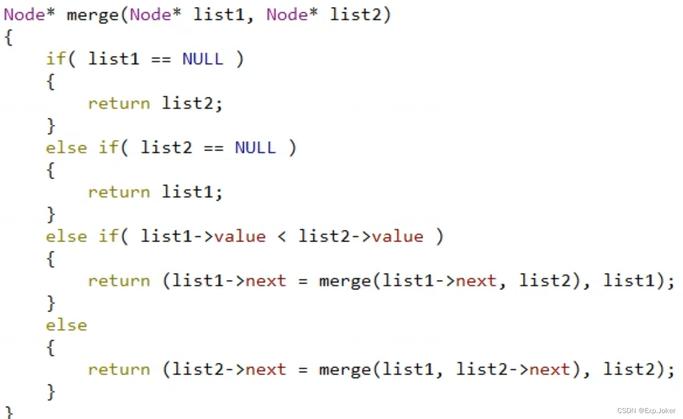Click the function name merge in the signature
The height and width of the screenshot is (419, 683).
pyautogui.click(x=92, y=15)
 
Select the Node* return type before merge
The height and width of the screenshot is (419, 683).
pyautogui.click(x=29, y=15)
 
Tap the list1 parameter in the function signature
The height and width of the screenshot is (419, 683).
pyautogui.click(x=219, y=15)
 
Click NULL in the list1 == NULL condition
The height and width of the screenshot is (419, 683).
pyautogui.click(x=203, y=59)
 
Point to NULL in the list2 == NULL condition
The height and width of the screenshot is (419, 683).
pyautogui.click(x=255, y=148)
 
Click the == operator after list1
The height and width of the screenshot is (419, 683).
pyautogui.click(x=161, y=59)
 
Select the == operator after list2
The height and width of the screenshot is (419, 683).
pyautogui.click(x=213, y=148)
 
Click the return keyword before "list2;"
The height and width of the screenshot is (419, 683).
pyautogui.click(x=119, y=103)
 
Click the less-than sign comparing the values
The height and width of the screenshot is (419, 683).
pyautogui.click(x=282, y=236)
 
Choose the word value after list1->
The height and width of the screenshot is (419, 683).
pyautogui.click(x=240, y=236)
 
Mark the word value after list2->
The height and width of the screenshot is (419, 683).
pyautogui.click(x=398, y=236)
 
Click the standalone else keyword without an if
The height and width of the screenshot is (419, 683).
pyautogui.click(x=66, y=325)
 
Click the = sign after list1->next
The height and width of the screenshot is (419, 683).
pyautogui.click(x=303, y=281)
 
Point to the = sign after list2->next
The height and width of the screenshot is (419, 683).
pyautogui.click(x=303, y=369)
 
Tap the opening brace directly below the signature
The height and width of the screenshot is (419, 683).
pyautogui.click(x=8, y=37)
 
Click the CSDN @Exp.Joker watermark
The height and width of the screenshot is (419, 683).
pyautogui.click(x=646, y=411)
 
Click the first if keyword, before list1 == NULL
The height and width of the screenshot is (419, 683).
pyautogui.click(x=56, y=59)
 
